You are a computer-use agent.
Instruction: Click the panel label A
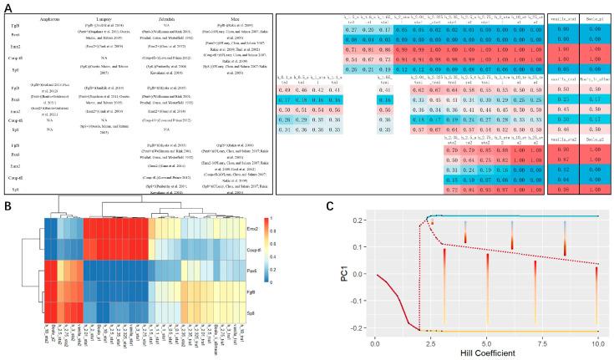coord(8,9)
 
